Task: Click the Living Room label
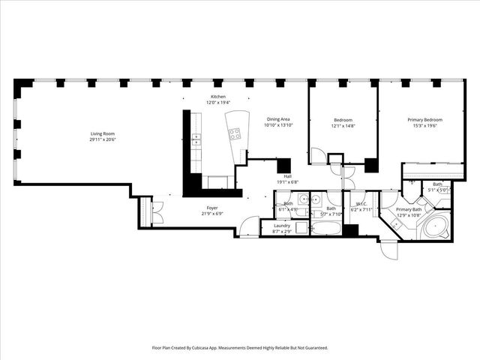(103, 135)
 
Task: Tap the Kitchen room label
(217, 97)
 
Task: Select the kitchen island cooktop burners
(235, 135)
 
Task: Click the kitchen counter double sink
(196, 139)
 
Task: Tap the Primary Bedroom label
(424, 120)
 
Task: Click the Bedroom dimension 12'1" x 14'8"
(343, 126)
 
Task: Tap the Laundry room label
(282, 226)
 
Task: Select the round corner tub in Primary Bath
(434, 227)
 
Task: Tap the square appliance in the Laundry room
(301, 229)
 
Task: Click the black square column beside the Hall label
(283, 166)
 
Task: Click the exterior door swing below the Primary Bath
(388, 249)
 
